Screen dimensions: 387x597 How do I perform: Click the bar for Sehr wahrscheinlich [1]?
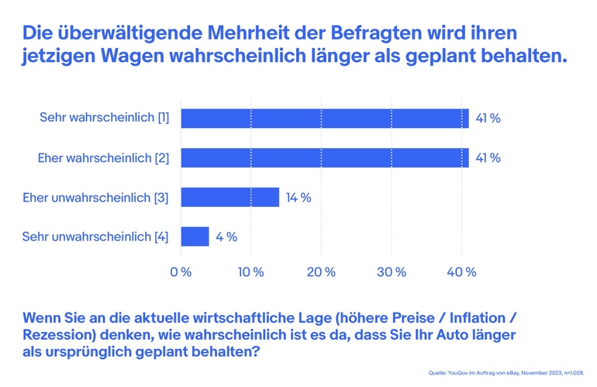[x=324, y=118]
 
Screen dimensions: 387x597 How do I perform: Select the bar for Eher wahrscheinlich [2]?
[x=324, y=157]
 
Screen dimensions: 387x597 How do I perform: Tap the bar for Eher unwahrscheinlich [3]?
[x=229, y=197]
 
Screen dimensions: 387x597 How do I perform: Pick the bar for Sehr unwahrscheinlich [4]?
[x=195, y=237]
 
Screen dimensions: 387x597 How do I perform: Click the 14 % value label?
[x=298, y=198]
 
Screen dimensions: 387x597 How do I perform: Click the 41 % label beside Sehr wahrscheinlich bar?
[x=488, y=119]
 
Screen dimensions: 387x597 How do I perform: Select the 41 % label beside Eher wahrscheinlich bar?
[x=488, y=157]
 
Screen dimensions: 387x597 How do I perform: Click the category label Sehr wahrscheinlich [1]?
[x=104, y=119]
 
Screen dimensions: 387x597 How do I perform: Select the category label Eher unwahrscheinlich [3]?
[x=96, y=198]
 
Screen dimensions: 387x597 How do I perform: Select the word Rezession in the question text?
[x=56, y=336]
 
